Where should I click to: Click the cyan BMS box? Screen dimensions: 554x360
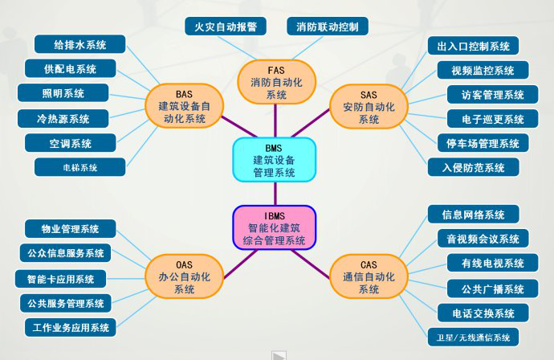point(274,160)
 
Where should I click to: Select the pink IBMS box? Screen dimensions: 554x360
point(274,227)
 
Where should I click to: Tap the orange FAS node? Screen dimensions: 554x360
point(276,82)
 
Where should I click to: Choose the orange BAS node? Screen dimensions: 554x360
point(184,106)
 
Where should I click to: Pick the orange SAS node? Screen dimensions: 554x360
point(369,106)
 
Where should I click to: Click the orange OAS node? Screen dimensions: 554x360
point(184,276)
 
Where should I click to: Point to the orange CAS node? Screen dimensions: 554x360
point(369,276)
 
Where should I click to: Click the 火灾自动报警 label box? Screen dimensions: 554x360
point(226,27)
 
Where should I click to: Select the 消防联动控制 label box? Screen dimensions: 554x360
point(328,27)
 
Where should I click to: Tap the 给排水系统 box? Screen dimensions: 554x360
point(79,44)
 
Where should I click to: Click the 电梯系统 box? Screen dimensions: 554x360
point(79,167)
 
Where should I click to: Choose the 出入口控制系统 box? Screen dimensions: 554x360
point(473,46)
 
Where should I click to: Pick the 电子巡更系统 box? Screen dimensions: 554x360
point(492,119)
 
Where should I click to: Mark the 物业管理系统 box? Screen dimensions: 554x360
point(70,229)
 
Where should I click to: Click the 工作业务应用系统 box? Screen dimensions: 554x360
point(70,328)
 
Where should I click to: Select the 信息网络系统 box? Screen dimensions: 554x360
point(473,215)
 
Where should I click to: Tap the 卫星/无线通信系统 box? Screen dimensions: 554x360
point(473,337)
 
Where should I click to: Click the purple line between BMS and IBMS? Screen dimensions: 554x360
point(275,194)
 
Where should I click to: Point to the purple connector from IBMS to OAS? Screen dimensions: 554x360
point(240,264)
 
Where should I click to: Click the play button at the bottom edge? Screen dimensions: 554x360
point(279,355)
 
